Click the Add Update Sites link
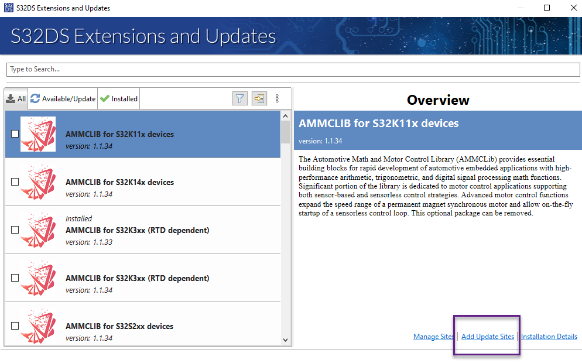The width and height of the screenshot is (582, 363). [488, 337]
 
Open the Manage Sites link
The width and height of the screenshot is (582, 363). [434, 337]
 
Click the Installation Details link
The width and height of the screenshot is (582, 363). [549, 337]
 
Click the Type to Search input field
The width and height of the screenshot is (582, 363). [293, 69]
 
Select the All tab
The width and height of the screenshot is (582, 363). [16, 99]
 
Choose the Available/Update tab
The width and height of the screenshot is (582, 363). [63, 99]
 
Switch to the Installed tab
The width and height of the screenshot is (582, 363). [119, 99]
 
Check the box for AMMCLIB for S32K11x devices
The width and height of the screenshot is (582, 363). [15, 134]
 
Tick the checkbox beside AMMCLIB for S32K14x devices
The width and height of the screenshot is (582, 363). [15, 182]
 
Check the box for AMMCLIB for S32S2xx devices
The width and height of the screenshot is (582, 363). [15, 326]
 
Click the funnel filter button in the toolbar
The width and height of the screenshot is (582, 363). [239, 98]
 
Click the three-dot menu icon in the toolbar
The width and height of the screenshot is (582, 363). [277, 98]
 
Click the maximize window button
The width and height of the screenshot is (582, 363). [547, 8]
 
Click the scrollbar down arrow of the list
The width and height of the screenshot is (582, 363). [286, 339]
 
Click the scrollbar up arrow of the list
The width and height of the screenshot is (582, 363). [286, 116]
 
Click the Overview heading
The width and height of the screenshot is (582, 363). [438, 100]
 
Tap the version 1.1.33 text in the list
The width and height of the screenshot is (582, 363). [89, 242]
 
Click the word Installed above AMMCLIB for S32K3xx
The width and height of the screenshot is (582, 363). [79, 218]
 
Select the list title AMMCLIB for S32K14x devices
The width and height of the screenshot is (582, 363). [119, 182]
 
